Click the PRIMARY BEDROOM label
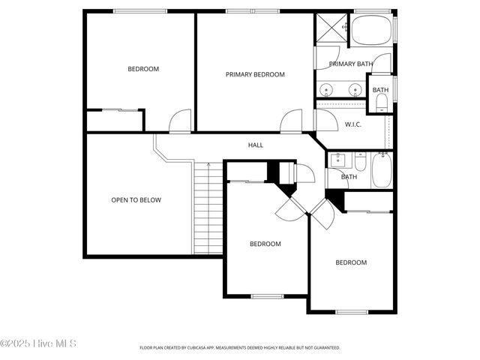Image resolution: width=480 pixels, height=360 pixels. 255,74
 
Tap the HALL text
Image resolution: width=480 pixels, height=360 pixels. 256,145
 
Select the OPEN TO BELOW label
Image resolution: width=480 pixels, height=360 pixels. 136,200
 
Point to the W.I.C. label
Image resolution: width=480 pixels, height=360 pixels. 352,124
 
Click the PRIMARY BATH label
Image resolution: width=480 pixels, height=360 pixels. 350,64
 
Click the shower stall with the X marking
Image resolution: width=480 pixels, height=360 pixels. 331,28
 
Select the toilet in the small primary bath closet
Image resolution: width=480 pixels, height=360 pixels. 381,105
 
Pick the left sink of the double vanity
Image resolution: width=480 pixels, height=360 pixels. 326,91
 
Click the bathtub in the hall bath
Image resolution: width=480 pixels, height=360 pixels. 381,171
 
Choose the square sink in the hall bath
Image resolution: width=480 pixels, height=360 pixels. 337,159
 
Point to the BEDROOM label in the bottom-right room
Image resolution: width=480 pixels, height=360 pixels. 350,262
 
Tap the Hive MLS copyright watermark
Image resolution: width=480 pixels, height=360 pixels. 38,344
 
